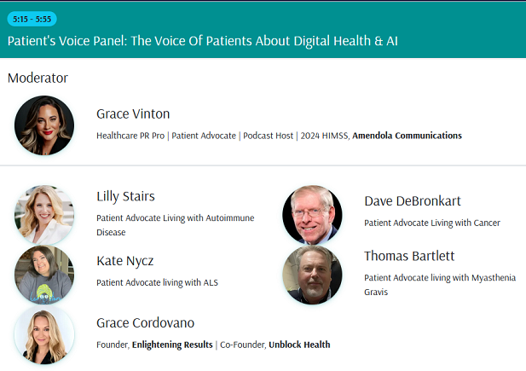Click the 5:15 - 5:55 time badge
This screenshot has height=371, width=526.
tap(32, 19)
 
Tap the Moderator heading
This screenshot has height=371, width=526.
tap(38, 78)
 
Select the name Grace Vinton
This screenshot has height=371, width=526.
tap(133, 113)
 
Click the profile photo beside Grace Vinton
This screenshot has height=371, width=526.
tap(44, 125)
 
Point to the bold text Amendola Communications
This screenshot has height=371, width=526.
tap(407, 136)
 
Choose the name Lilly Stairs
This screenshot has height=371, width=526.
tap(126, 196)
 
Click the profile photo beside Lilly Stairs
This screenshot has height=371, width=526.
tap(44, 215)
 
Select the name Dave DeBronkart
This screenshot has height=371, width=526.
tap(413, 201)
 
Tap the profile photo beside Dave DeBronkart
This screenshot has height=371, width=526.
tap(312, 215)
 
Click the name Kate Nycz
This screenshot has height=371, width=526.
tap(125, 261)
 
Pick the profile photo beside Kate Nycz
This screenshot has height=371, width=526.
tap(44, 275)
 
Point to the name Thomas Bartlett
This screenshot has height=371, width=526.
tap(409, 256)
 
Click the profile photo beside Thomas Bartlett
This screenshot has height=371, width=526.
tap(312, 275)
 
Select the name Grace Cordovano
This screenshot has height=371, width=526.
tap(145, 323)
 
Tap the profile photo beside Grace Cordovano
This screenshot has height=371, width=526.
tap(44, 335)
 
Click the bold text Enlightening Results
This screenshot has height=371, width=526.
tap(172, 345)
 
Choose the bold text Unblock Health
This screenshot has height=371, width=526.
tap(299, 345)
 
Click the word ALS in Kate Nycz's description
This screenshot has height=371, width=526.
tap(211, 282)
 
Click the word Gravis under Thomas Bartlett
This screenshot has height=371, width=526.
tap(376, 292)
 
